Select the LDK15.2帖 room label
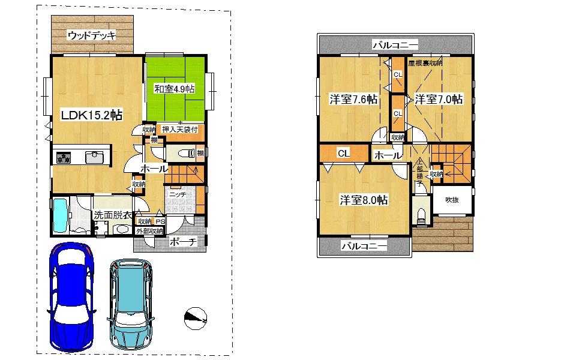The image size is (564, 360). (x=92, y=115)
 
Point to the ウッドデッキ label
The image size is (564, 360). (x=91, y=35)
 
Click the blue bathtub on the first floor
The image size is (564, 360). (x=62, y=217)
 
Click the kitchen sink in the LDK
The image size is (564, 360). (x=95, y=158)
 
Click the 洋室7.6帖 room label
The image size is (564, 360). (x=353, y=100)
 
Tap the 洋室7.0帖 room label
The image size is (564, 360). (x=439, y=100)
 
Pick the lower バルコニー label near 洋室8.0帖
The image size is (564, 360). (x=364, y=246)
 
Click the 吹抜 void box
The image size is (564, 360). (x=452, y=200)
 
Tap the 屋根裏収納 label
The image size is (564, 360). (x=425, y=62)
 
